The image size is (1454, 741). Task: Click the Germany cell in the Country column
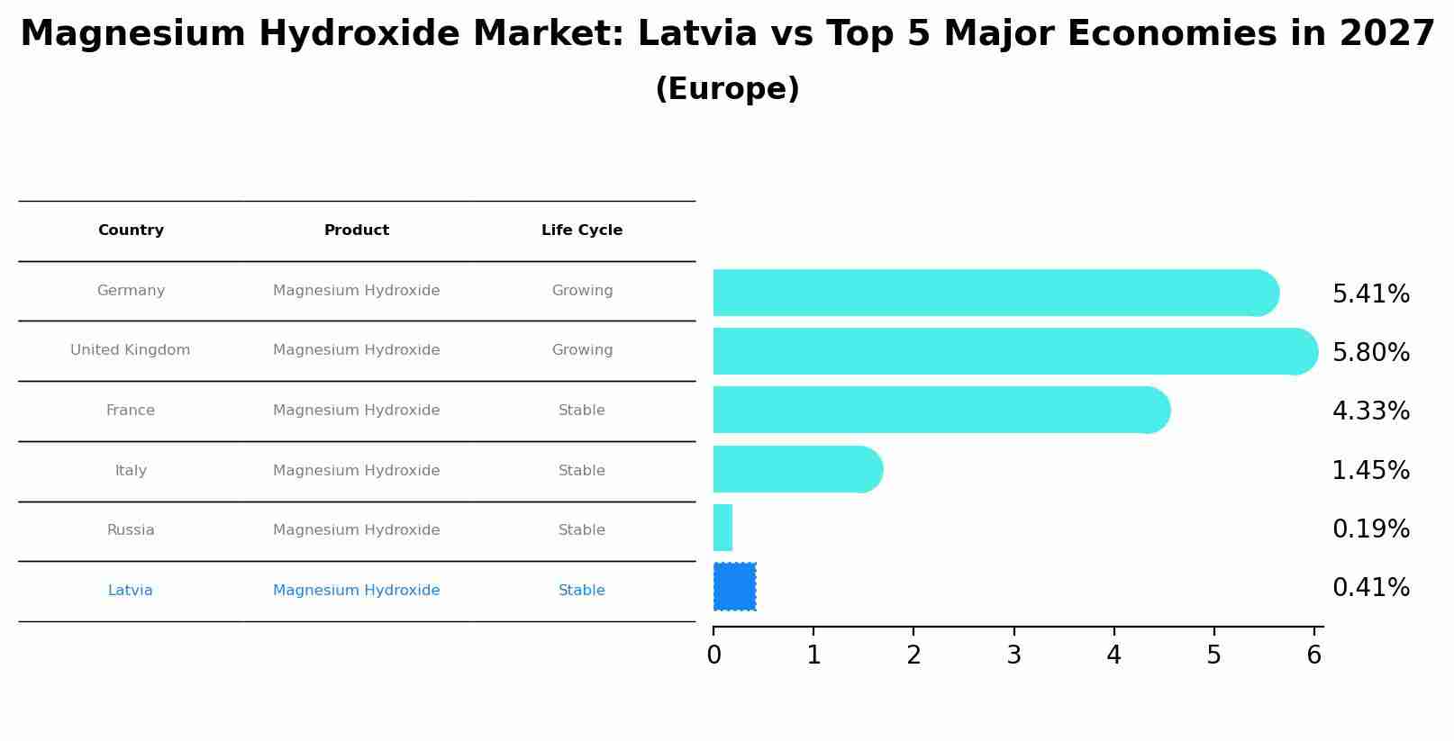(131, 291)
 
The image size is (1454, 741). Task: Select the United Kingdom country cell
(131, 350)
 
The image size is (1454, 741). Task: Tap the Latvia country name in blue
(131, 591)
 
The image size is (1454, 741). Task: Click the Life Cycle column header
(582, 230)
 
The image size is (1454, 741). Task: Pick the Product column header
(357, 230)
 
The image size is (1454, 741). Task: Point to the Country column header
(131, 230)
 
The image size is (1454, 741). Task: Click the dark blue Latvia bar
(734, 586)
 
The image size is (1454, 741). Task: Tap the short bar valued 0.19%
(722, 528)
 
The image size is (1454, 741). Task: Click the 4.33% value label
(1370, 411)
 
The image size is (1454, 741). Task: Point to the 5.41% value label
(1370, 294)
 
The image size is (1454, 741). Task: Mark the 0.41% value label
(1370, 588)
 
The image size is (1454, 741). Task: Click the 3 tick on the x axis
(1013, 655)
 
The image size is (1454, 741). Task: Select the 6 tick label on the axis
(1313, 655)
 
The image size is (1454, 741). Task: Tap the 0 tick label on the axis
(713, 655)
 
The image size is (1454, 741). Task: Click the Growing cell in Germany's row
(582, 291)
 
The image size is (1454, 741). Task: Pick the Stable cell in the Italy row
(582, 471)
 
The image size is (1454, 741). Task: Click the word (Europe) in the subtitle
(727, 89)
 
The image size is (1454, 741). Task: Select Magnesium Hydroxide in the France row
(357, 411)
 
